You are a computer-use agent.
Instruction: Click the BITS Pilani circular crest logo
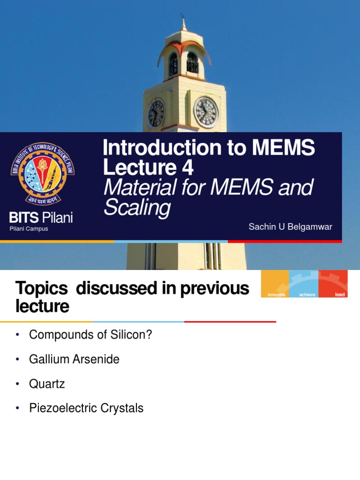(43, 173)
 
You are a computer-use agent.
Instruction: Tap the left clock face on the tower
(156, 113)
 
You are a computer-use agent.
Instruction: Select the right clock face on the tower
(206, 112)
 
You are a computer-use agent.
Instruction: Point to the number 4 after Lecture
(188, 168)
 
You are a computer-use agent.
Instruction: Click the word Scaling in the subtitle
(137, 208)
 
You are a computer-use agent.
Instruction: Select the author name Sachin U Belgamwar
(290, 227)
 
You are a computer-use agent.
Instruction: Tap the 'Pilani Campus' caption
(29, 229)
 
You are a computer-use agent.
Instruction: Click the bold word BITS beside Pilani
(23, 218)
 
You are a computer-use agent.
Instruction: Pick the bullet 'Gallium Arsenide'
(74, 360)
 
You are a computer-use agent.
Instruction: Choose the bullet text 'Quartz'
(47, 384)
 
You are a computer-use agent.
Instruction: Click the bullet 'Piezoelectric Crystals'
(86, 408)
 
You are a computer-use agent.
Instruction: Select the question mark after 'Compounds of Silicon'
(150, 335)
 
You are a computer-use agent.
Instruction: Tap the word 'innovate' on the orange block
(276, 294)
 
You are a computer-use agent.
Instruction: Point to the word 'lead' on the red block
(340, 294)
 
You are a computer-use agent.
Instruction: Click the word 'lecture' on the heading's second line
(42, 307)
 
